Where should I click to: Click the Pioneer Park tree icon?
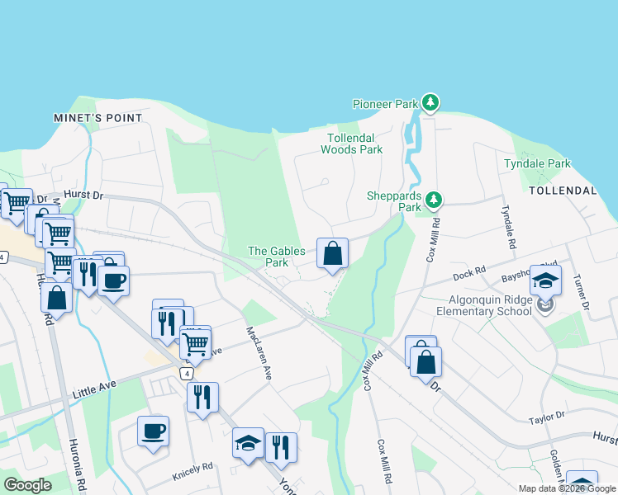coord(430,103)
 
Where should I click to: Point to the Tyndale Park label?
coord(537,163)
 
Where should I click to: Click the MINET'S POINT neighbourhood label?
coord(98,118)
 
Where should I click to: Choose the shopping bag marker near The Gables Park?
coord(332,254)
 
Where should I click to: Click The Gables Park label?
coord(277,257)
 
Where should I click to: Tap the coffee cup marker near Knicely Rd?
coord(153,431)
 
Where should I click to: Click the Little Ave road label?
coord(96,388)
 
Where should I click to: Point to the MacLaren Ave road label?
coord(259,353)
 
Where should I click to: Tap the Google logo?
coord(27,485)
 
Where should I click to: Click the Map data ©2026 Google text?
coord(566,488)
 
